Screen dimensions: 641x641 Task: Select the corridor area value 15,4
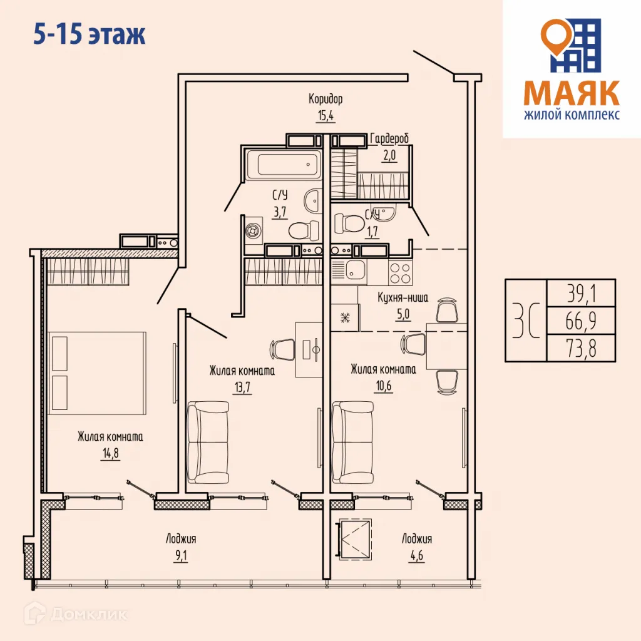tap(326, 115)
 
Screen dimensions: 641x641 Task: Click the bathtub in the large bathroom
tap(282, 164)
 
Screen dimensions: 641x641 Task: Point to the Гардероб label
tap(390, 138)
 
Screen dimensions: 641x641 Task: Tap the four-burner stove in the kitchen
tap(401, 272)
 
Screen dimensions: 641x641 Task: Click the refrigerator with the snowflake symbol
tap(345, 317)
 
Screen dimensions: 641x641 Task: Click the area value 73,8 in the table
tap(580, 349)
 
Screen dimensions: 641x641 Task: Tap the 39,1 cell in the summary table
tap(580, 293)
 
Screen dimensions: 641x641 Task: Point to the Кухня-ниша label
tap(403, 298)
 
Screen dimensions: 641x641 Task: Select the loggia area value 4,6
tap(416, 554)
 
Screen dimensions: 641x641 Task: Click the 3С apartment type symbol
tap(525, 320)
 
